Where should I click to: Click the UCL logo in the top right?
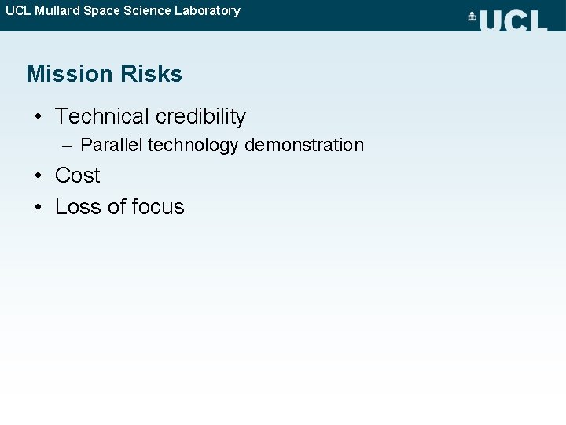click(x=513, y=20)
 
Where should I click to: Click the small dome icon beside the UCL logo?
click(x=472, y=17)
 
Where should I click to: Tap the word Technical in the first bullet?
click(x=102, y=116)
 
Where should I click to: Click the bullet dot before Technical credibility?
click(x=38, y=117)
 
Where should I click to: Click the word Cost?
click(x=77, y=175)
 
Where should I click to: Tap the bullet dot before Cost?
click(x=38, y=176)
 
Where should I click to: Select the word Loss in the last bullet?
click(x=78, y=207)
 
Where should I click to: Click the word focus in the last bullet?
click(x=158, y=207)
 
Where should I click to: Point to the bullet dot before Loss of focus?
click(x=38, y=208)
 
